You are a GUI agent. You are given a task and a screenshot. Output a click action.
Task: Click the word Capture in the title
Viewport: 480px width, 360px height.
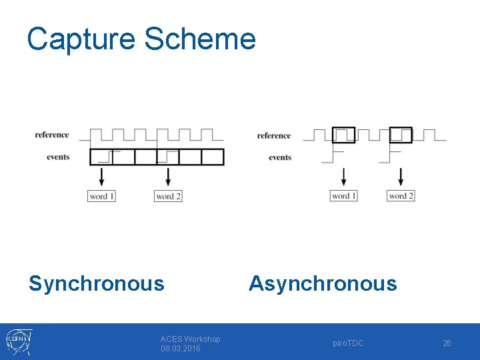[81, 39]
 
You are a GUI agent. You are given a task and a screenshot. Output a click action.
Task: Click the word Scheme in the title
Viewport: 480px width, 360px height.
[200, 39]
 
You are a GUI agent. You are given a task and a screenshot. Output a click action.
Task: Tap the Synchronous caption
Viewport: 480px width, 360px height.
[97, 283]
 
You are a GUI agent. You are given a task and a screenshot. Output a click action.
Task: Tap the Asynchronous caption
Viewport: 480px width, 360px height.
[323, 283]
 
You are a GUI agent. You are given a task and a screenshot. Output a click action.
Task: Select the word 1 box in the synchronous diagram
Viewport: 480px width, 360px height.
[101, 196]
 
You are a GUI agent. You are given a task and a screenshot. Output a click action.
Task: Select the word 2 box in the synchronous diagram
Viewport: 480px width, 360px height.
[168, 196]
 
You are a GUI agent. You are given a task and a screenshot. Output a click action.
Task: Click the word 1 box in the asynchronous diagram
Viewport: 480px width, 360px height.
[343, 195]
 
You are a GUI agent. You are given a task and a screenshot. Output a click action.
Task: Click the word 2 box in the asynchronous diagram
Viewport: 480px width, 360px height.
[401, 195]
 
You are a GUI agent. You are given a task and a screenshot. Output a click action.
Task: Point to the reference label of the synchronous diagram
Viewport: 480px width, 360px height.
[52, 135]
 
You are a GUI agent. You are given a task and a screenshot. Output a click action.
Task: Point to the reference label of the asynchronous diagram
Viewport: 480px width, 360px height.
[274, 136]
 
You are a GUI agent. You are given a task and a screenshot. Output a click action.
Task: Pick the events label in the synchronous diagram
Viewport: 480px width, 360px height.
[58, 157]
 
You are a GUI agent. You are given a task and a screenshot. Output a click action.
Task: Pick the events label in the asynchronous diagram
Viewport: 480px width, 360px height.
[280, 158]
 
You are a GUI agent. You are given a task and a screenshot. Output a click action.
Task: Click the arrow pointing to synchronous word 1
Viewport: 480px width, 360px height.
[101, 177]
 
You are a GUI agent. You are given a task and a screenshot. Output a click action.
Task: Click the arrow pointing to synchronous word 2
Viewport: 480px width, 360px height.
[168, 177]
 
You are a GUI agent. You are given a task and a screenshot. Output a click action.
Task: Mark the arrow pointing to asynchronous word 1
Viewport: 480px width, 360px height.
[343, 177]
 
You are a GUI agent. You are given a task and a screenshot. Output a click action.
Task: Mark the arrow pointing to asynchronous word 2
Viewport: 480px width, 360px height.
[401, 177]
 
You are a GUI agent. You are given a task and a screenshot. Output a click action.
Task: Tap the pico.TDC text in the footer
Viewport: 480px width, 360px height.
[348, 343]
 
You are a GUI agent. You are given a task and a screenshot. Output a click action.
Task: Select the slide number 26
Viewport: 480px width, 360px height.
[447, 343]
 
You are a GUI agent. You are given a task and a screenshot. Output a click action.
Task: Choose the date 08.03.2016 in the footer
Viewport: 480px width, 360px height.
[180, 349]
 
